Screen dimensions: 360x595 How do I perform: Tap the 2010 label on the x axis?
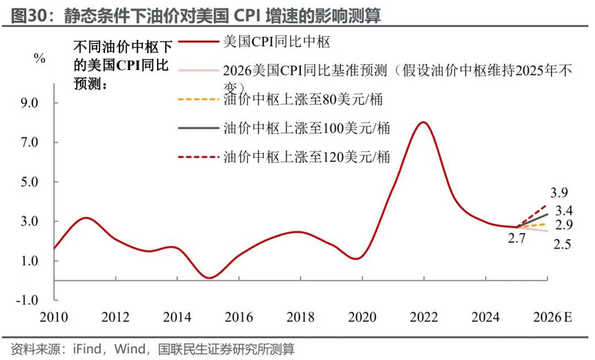pyautogui.click(x=53, y=318)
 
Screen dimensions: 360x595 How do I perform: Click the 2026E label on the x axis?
pyautogui.click(x=552, y=318)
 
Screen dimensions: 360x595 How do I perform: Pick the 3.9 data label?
pyautogui.click(x=559, y=193)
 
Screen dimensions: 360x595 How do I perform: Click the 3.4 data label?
pyautogui.click(x=564, y=210)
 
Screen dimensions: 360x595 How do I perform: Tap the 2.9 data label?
pyautogui.click(x=564, y=225)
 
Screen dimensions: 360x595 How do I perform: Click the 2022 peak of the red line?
pyautogui.click(x=423, y=122)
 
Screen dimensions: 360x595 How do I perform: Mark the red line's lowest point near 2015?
pyautogui.click(x=208, y=277)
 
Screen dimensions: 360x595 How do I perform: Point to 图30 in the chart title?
pyautogui.click(x=28, y=16)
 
